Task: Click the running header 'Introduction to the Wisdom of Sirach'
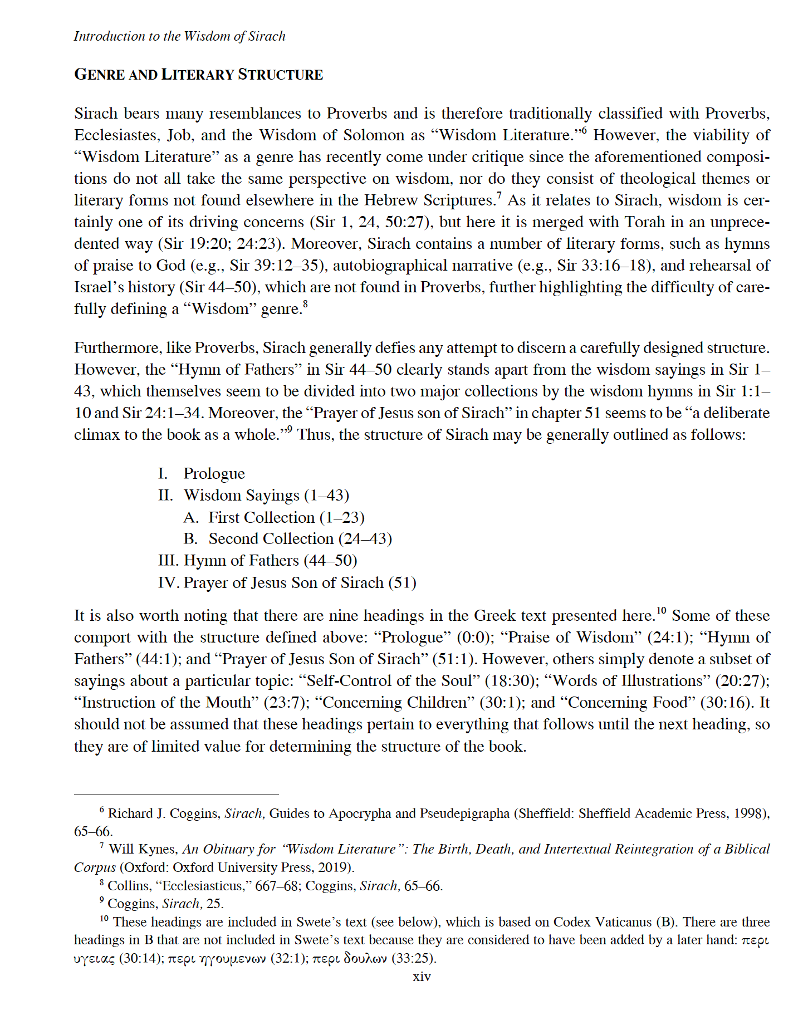point(179,37)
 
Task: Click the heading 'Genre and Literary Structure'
point(198,75)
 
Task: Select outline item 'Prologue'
point(214,474)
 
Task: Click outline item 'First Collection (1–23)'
point(286,518)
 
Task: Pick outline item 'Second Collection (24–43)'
point(300,539)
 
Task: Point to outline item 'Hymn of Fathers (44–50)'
point(270,561)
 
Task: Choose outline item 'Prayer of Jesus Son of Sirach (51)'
point(300,583)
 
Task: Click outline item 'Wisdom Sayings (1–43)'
point(266,496)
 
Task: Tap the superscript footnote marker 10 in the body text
point(661,610)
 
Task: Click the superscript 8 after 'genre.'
point(305,304)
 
